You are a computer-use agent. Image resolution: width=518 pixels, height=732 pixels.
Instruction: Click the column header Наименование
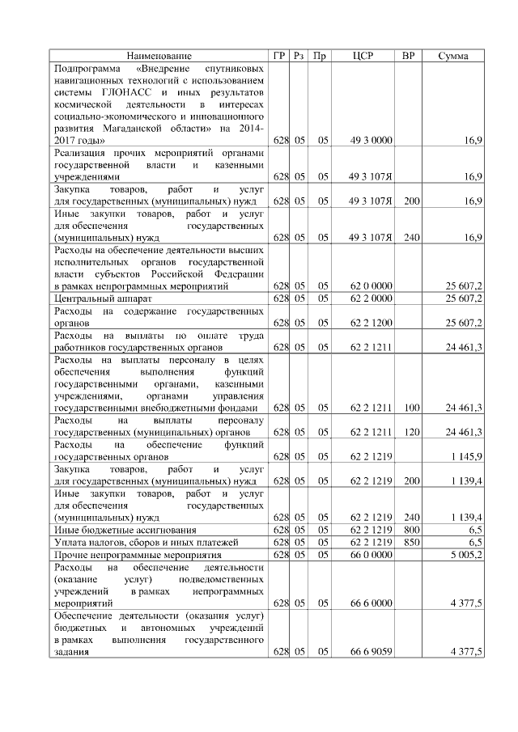[x=159, y=56]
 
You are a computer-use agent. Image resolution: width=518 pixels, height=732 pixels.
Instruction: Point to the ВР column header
[x=410, y=56]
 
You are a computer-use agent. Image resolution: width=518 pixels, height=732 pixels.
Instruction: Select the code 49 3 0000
[x=372, y=141]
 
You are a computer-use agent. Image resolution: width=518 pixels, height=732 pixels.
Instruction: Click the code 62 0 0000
[x=372, y=286]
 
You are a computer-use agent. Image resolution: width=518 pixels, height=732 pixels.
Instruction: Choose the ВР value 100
[x=411, y=408]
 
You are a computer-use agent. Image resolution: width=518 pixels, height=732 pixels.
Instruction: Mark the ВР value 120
[x=411, y=432]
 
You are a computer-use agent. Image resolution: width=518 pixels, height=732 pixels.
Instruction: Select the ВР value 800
[x=411, y=529]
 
